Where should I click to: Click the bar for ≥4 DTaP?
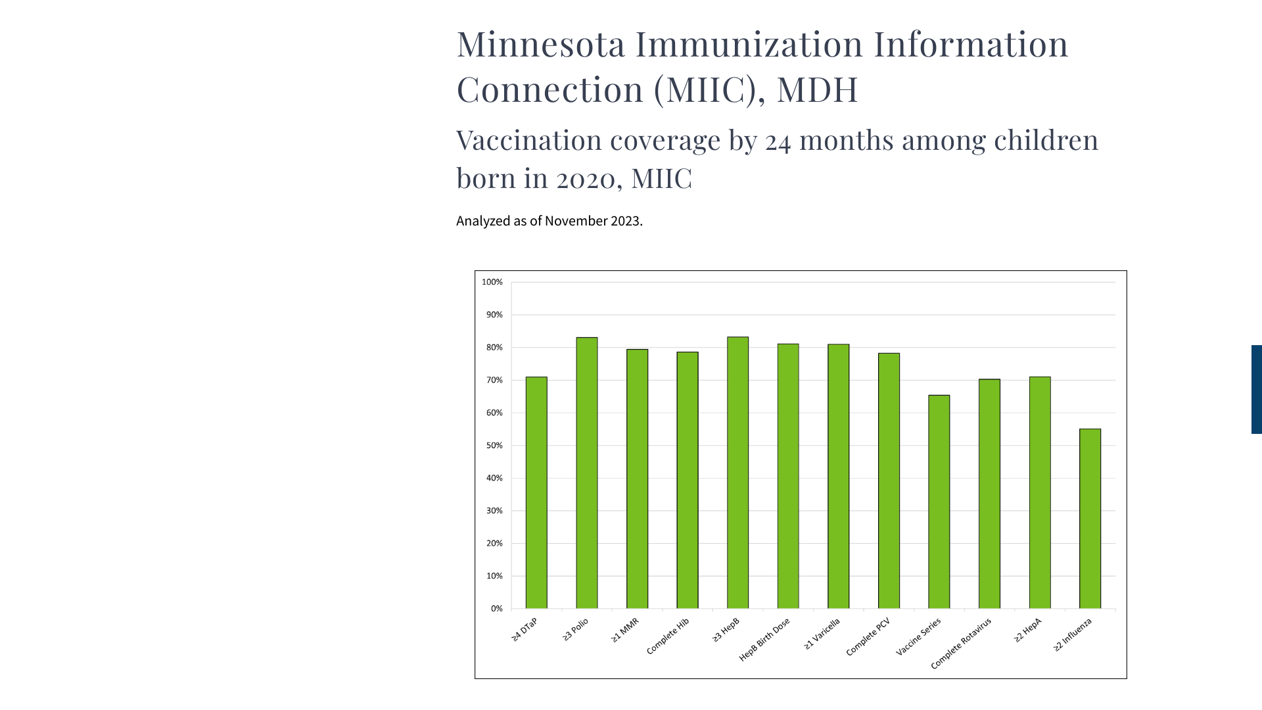click(x=536, y=492)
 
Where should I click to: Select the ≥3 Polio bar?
click(x=587, y=473)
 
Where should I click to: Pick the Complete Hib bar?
click(x=688, y=480)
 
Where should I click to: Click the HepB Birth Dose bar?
click(x=788, y=476)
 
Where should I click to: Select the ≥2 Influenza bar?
click(x=1090, y=519)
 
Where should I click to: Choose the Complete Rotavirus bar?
click(x=989, y=494)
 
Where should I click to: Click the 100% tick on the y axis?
click(x=492, y=282)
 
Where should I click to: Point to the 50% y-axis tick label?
click(x=494, y=446)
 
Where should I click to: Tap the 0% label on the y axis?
click(x=497, y=609)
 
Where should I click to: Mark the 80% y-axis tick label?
click(x=494, y=347)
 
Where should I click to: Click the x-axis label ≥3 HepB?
click(x=726, y=630)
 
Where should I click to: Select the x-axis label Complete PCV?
click(x=868, y=637)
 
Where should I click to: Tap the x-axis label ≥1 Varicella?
click(x=822, y=634)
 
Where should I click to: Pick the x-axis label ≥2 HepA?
click(x=1028, y=630)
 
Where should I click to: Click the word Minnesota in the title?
click(x=541, y=44)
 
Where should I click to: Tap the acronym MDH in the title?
click(x=817, y=89)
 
